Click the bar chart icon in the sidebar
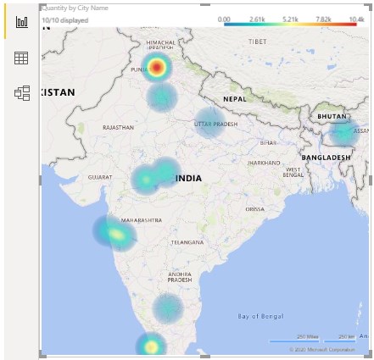(x=21, y=21)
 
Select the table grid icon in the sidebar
(x=21, y=58)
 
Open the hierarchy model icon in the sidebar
(x=21, y=93)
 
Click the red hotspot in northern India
(x=157, y=67)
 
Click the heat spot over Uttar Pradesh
(x=208, y=123)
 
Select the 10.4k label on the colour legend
(x=355, y=18)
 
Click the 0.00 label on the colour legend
(x=224, y=18)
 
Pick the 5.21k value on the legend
(x=290, y=18)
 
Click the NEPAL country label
(x=235, y=99)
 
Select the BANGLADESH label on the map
(x=326, y=158)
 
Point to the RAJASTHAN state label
(x=118, y=127)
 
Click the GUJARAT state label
(x=99, y=177)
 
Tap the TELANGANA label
(x=187, y=242)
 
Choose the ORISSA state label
(x=254, y=209)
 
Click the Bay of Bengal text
(x=260, y=316)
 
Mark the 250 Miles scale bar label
(x=306, y=336)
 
